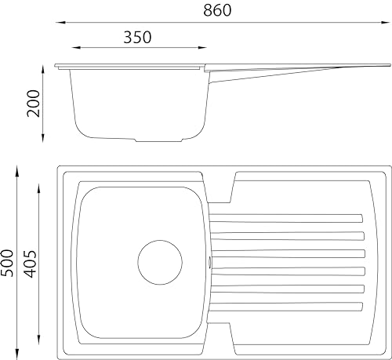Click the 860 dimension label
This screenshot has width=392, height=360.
217,10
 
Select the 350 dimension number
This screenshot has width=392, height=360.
137,37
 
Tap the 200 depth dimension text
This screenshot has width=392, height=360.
34,103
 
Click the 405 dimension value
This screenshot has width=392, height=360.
30,264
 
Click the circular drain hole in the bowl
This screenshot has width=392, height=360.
160,262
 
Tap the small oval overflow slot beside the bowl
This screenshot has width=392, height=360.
209,262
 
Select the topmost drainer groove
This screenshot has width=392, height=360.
286,218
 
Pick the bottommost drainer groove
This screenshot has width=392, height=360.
286,307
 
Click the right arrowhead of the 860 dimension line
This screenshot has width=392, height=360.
385,23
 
